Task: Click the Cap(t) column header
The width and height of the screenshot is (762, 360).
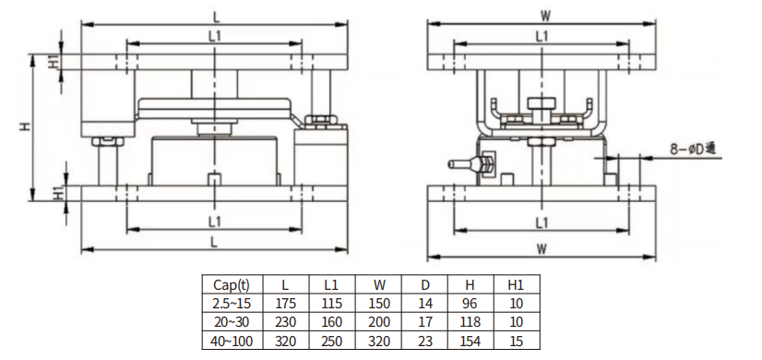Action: [232, 285]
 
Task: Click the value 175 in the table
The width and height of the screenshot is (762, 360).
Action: [285, 304]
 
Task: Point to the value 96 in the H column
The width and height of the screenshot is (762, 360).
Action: [470, 304]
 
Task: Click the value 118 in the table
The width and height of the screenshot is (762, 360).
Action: [470, 322]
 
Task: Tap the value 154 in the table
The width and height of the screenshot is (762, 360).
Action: [470, 341]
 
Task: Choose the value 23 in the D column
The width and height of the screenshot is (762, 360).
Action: [425, 341]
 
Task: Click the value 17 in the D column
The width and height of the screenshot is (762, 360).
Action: [425, 322]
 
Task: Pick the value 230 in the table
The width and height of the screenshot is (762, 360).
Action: [285, 322]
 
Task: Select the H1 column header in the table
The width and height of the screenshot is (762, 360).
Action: [516, 285]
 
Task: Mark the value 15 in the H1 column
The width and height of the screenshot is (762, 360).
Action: [516, 341]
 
